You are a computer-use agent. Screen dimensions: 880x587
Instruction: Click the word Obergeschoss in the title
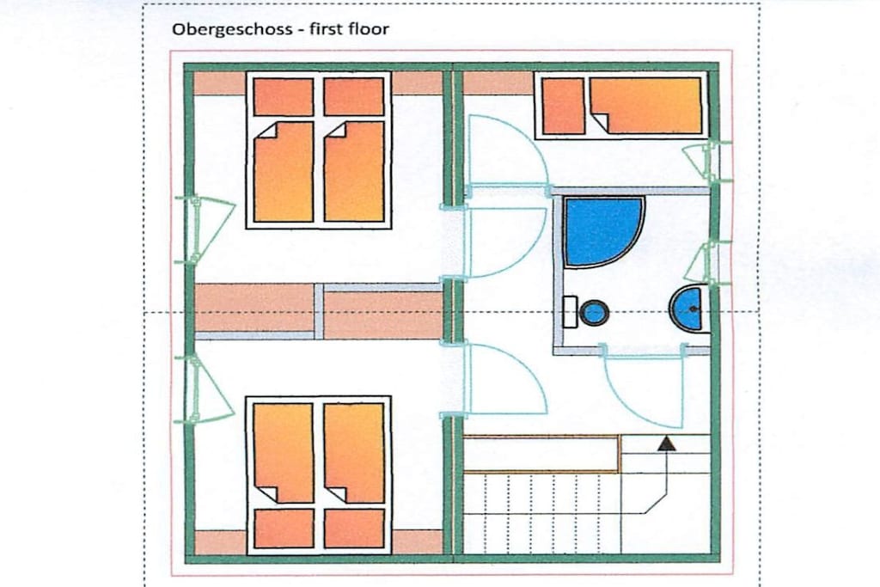[x=232, y=29]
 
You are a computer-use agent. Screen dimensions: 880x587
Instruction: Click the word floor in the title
[x=368, y=28]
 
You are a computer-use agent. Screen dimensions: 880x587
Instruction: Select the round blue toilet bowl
[x=594, y=312]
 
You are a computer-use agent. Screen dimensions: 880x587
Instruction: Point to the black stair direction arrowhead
[x=666, y=443]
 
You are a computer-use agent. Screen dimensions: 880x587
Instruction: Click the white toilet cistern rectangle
[x=571, y=312]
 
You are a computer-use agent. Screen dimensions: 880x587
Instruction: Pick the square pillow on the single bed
[x=564, y=106]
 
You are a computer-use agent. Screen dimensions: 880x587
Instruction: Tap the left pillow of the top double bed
[x=284, y=97]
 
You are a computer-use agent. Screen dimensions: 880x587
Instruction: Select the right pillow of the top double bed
[x=354, y=97]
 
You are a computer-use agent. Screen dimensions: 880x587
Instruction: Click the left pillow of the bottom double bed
[x=284, y=528]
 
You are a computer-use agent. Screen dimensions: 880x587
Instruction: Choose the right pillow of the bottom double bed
[x=354, y=528]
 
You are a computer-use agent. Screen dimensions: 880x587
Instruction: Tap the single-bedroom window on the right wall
[x=706, y=162]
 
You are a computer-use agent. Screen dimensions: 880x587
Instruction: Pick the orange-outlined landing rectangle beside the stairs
[x=542, y=454]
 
